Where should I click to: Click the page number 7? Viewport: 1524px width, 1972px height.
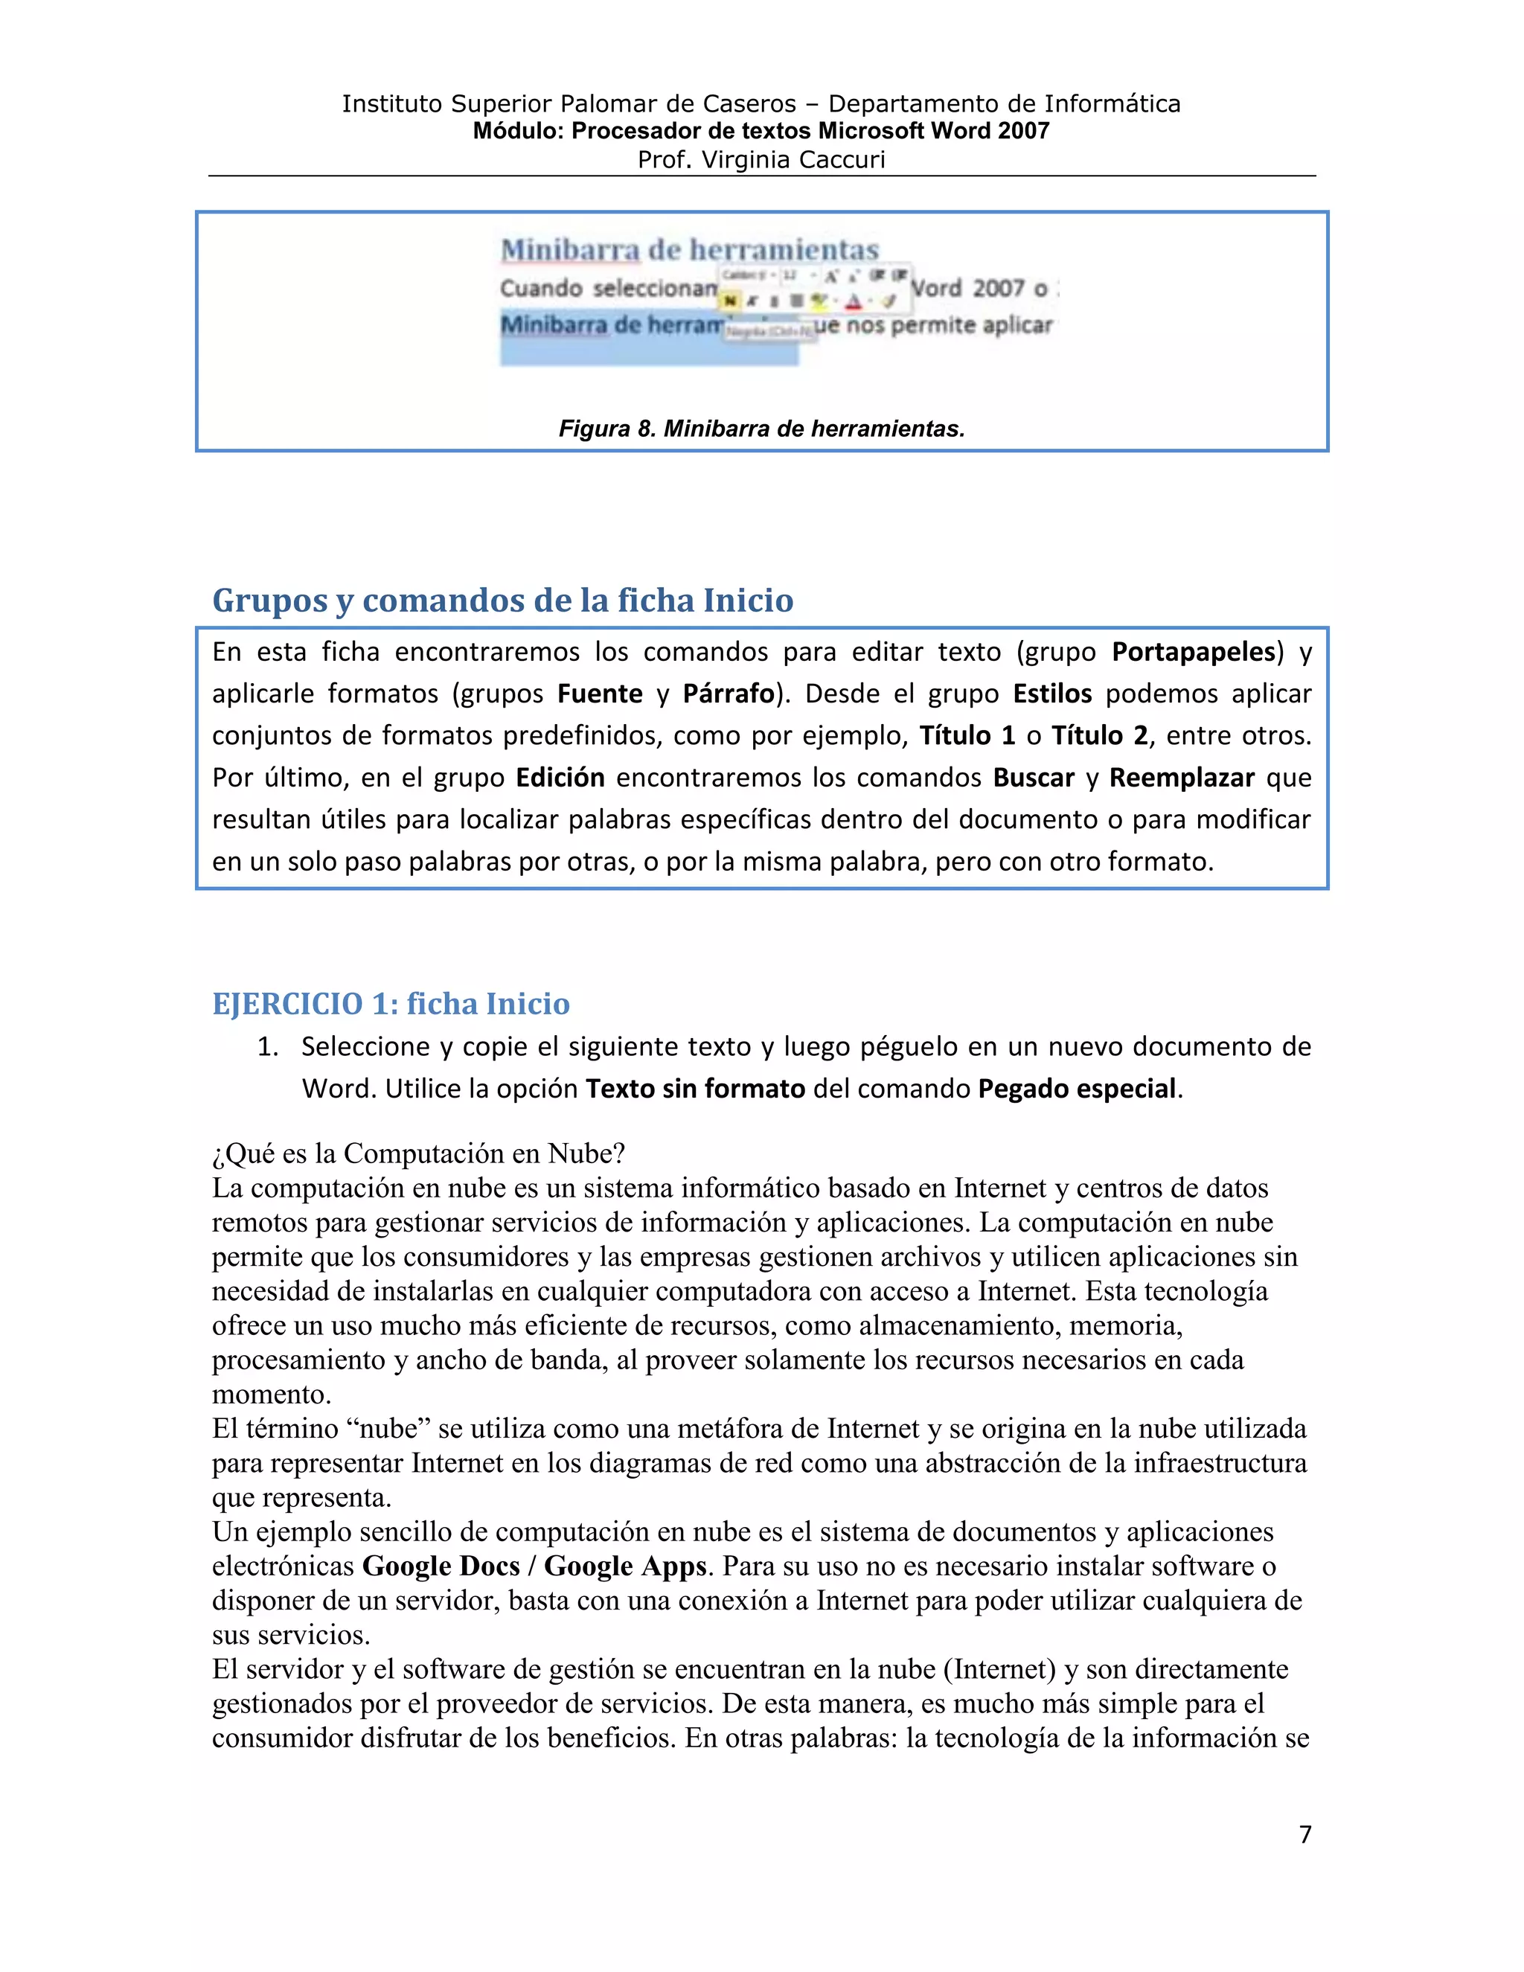tap(1304, 1834)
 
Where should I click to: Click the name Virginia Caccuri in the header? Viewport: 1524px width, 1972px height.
tap(793, 160)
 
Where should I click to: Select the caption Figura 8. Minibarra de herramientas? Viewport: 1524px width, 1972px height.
tap(762, 428)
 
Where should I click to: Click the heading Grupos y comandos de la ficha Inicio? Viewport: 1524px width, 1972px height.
tap(503, 601)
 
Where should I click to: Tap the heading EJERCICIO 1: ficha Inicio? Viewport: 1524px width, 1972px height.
tap(391, 1003)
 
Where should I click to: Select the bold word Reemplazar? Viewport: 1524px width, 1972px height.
tap(1182, 778)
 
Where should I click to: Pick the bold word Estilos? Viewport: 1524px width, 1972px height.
tap(1051, 694)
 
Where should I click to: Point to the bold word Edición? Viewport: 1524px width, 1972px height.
tap(560, 778)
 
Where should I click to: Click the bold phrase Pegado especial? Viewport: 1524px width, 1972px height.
tap(1077, 1088)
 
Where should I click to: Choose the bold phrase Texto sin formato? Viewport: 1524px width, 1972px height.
tap(695, 1088)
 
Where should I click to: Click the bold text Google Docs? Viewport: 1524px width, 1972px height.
tap(441, 1566)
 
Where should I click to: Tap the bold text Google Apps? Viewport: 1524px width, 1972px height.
tap(625, 1566)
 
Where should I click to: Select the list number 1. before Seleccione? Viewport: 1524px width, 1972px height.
tap(268, 1046)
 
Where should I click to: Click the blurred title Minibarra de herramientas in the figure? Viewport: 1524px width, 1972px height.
tap(690, 250)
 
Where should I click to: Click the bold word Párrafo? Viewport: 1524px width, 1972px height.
tap(729, 694)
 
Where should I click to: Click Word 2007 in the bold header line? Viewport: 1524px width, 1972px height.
tap(990, 131)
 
